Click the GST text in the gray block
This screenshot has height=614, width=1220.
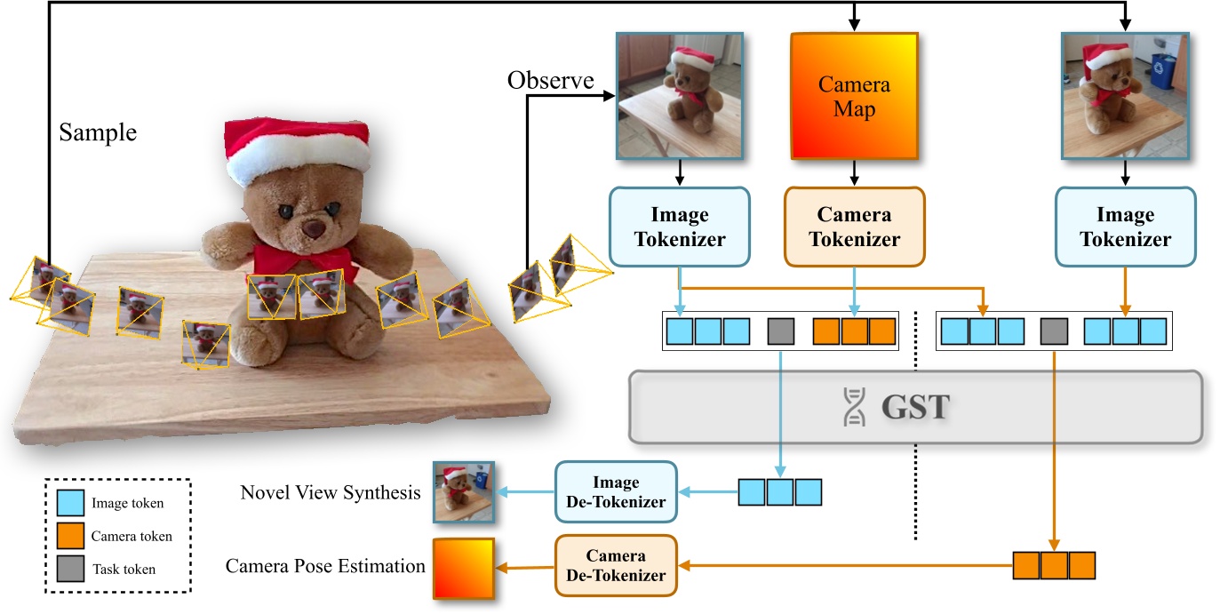[x=916, y=407]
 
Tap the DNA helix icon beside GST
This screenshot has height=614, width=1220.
[x=853, y=407]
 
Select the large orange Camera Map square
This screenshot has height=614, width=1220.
[x=854, y=97]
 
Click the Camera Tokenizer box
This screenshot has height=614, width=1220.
[x=854, y=227]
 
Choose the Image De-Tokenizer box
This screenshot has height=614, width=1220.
[x=616, y=492]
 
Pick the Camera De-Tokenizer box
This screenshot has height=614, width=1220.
[x=616, y=565]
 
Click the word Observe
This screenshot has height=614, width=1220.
[x=550, y=81]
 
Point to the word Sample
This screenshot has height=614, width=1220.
[x=98, y=133]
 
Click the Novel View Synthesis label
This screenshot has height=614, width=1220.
[x=331, y=492]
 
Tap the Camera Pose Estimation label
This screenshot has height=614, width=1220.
[x=325, y=566]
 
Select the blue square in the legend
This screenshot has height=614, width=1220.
[x=70, y=503]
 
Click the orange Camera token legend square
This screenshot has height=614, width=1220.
[x=70, y=536]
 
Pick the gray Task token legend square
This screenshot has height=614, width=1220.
[x=70, y=569]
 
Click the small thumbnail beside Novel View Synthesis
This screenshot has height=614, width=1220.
[x=463, y=492]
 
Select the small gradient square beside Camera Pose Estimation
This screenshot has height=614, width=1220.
[x=463, y=567]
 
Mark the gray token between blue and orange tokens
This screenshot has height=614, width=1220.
[x=780, y=331]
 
